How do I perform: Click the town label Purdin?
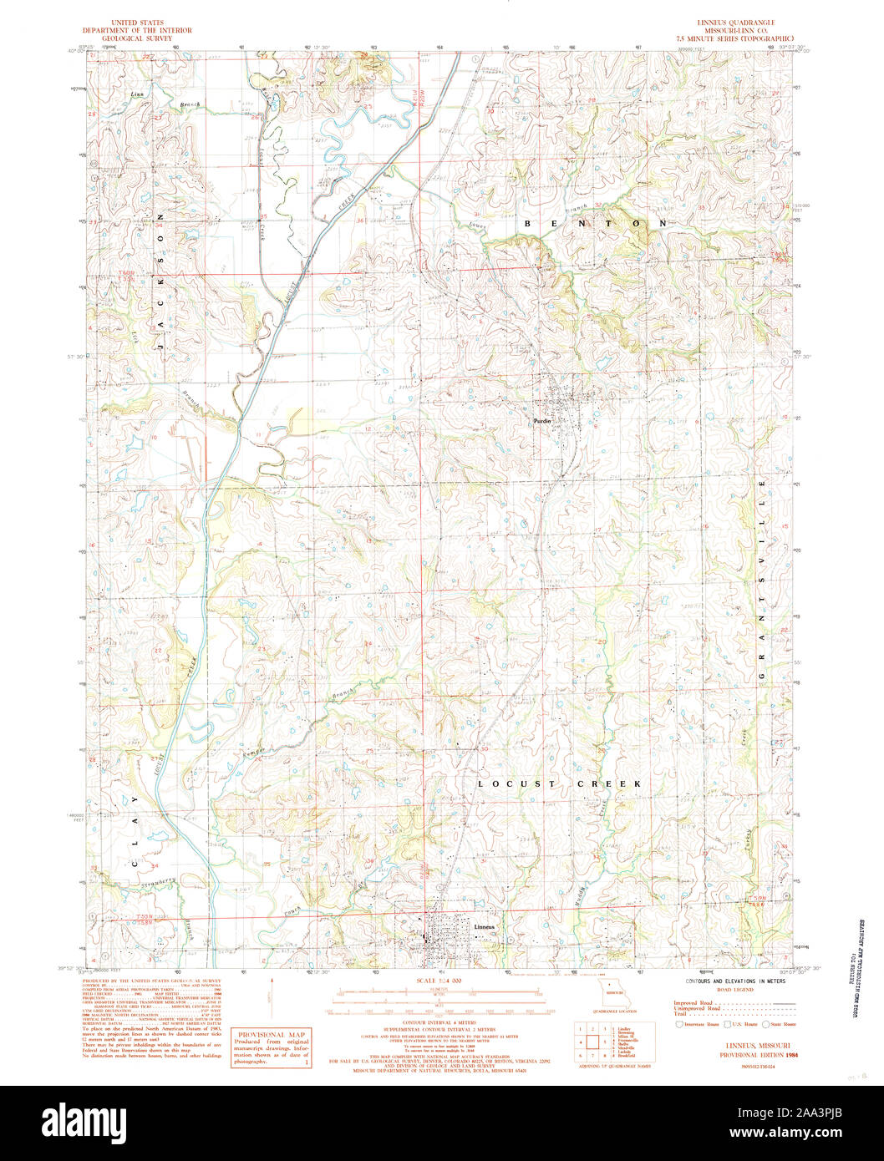point(542,422)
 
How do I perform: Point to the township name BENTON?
point(596,224)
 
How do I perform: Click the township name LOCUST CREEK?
point(559,784)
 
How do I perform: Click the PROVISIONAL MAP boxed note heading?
point(269,1033)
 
